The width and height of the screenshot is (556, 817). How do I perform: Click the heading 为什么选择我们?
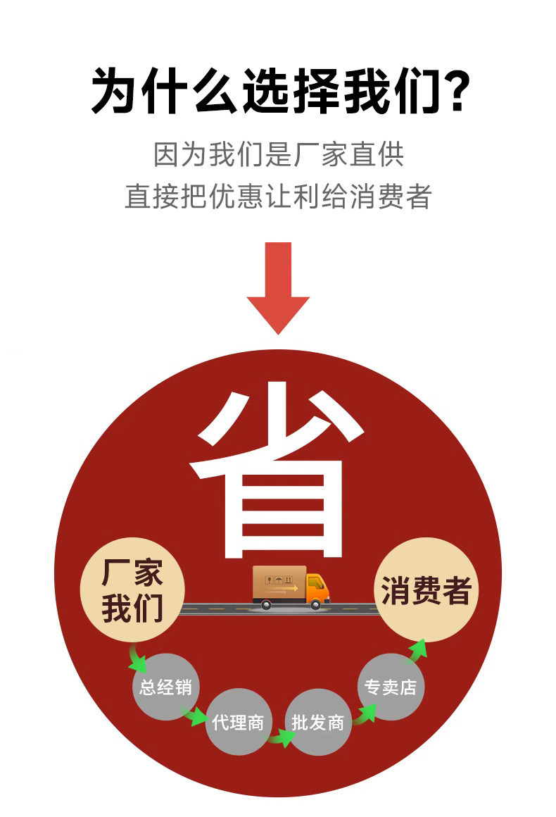click(281, 91)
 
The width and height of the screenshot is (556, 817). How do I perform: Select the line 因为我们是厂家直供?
click(279, 154)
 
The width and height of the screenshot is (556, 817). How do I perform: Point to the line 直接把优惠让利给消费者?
click(278, 196)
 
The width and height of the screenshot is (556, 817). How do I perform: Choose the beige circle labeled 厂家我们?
click(132, 590)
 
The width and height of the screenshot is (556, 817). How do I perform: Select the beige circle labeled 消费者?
click(426, 590)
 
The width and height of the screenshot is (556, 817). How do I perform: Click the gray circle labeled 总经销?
click(165, 687)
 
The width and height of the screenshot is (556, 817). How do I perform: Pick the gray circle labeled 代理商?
click(238, 722)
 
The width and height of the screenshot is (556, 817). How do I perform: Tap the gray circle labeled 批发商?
click(317, 722)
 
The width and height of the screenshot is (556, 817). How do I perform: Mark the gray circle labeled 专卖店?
click(391, 687)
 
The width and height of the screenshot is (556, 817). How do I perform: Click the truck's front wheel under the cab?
click(315, 604)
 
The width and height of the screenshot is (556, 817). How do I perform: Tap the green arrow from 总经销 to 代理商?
click(194, 715)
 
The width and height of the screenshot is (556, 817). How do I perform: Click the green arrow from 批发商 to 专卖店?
click(365, 714)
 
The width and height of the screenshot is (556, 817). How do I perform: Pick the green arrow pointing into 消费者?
click(417, 651)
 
